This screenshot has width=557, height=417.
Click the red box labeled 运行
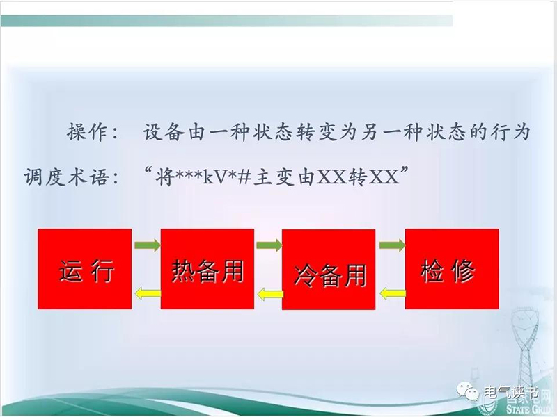pyautogui.click(x=84, y=269)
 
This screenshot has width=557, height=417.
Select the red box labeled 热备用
pyautogui.click(x=207, y=269)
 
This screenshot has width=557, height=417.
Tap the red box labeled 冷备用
pyautogui.click(x=329, y=270)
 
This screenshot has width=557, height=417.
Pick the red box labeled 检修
pyautogui.click(x=452, y=269)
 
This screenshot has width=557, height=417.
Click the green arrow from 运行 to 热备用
pyautogui.click(x=148, y=245)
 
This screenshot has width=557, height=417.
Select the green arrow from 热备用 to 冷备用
pyautogui.click(x=269, y=245)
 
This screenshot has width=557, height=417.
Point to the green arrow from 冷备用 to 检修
pyautogui.click(x=392, y=245)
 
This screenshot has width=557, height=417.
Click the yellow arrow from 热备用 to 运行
pyautogui.click(x=148, y=293)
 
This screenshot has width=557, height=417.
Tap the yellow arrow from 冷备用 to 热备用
pyautogui.click(x=270, y=294)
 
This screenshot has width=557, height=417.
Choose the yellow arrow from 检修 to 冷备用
pyautogui.click(x=393, y=293)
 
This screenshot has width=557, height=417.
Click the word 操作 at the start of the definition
pyautogui.click(x=87, y=132)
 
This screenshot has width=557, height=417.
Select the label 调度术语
pyautogui.click(x=65, y=177)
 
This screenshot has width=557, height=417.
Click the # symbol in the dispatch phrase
pyautogui.click(x=244, y=177)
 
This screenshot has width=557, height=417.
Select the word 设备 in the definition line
pyautogui.click(x=164, y=132)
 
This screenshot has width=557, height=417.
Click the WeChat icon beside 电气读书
pyautogui.click(x=468, y=391)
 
